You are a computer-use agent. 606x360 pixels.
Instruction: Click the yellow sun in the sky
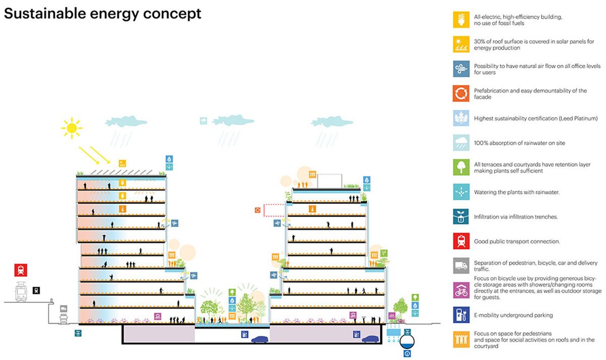click(72, 128)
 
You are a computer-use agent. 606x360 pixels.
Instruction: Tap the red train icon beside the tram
click(21, 270)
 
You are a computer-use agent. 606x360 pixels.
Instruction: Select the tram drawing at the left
click(21, 291)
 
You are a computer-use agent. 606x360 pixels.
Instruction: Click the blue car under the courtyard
click(260, 339)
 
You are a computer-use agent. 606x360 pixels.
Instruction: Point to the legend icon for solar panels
click(461, 44)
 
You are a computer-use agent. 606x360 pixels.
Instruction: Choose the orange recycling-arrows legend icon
click(461, 93)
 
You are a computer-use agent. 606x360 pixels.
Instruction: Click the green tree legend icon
click(461, 167)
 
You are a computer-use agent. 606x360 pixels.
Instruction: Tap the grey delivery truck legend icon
click(461, 266)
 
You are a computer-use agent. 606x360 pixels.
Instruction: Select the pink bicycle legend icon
click(461, 290)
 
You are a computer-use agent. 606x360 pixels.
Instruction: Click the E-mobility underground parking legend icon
click(461, 315)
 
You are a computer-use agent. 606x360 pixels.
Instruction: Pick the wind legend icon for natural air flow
click(461, 69)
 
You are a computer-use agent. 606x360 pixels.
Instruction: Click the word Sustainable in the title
click(45, 13)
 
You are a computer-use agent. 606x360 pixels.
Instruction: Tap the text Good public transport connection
click(517, 241)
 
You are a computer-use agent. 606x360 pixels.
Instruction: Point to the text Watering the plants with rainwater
click(517, 192)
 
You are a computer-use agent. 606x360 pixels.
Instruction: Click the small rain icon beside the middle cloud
click(204, 121)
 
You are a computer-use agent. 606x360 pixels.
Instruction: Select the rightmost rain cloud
click(332, 122)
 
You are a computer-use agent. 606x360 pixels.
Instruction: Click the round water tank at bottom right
click(407, 341)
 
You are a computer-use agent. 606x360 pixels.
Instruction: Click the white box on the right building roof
click(329, 181)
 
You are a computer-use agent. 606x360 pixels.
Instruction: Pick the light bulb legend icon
click(461, 20)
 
